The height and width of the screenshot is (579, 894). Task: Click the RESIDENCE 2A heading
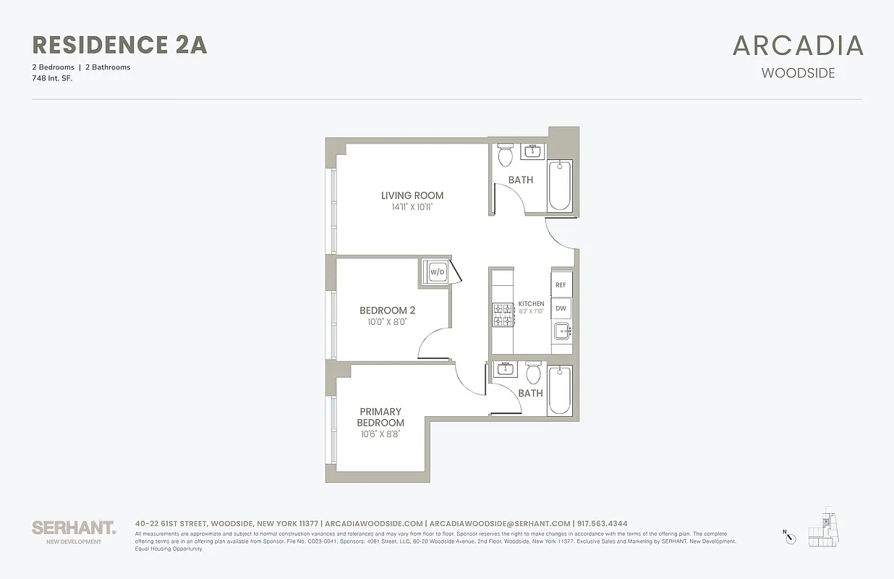(x=120, y=45)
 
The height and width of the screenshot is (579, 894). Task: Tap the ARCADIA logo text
(x=798, y=46)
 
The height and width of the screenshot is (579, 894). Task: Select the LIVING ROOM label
(x=412, y=195)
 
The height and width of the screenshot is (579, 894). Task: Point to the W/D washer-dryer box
(x=436, y=272)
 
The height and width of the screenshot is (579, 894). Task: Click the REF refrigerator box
(x=561, y=285)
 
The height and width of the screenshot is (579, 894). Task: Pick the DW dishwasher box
(x=561, y=308)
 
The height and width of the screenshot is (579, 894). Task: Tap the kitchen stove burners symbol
(x=503, y=315)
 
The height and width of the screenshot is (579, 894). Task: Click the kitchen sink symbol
(x=561, y=332)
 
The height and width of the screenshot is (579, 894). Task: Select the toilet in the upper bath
(x=506, y=155)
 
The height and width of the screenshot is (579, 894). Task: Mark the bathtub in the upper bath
(x=559, y=185)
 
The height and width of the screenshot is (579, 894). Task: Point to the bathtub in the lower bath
(x=559, y=392)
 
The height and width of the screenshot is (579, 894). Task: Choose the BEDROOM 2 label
(x=387, y=310)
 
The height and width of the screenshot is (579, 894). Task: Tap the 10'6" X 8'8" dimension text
(x=380, y=434)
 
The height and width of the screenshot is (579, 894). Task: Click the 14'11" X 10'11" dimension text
(x=412, y=207)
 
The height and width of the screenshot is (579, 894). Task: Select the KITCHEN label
(x=532, y=304)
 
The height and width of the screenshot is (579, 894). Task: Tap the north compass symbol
(x=791, y=537)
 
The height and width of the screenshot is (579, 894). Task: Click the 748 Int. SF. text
(x=53, y=77)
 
